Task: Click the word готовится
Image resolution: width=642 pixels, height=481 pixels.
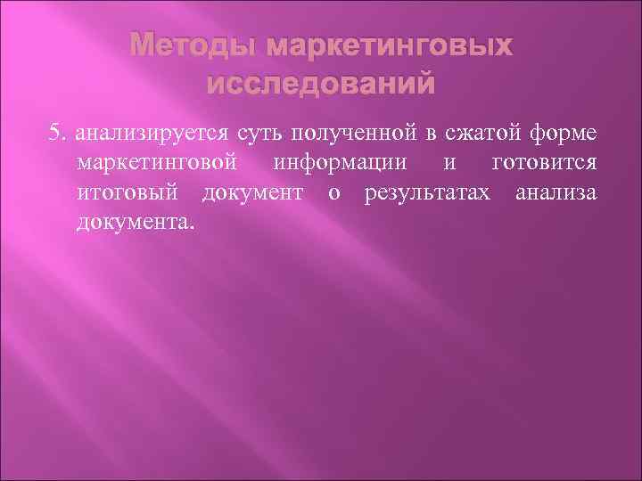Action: [545, 163]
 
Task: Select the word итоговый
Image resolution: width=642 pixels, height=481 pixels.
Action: [131, 192]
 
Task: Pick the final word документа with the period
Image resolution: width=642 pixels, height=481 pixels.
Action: [134, 220]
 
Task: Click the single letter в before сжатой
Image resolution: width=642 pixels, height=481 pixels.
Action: [430, 135]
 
